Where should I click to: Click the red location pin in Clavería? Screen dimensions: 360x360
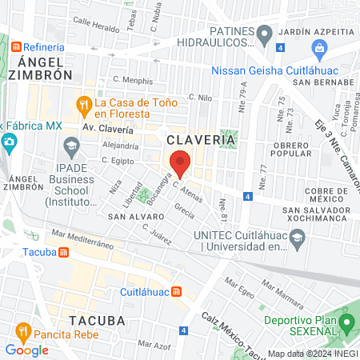click(181, 162)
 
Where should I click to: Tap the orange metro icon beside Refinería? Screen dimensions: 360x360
click(15, 47)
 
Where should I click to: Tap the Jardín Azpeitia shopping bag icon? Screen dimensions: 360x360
click(320, 48)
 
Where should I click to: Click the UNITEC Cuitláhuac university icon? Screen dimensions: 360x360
click(298, 237)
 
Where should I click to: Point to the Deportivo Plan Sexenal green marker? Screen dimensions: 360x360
click(346, 324)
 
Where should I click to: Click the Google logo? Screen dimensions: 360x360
click(26, 350)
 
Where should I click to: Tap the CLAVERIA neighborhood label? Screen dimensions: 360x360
click(201, 139)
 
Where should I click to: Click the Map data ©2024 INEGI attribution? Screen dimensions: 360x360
click(312, 353)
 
